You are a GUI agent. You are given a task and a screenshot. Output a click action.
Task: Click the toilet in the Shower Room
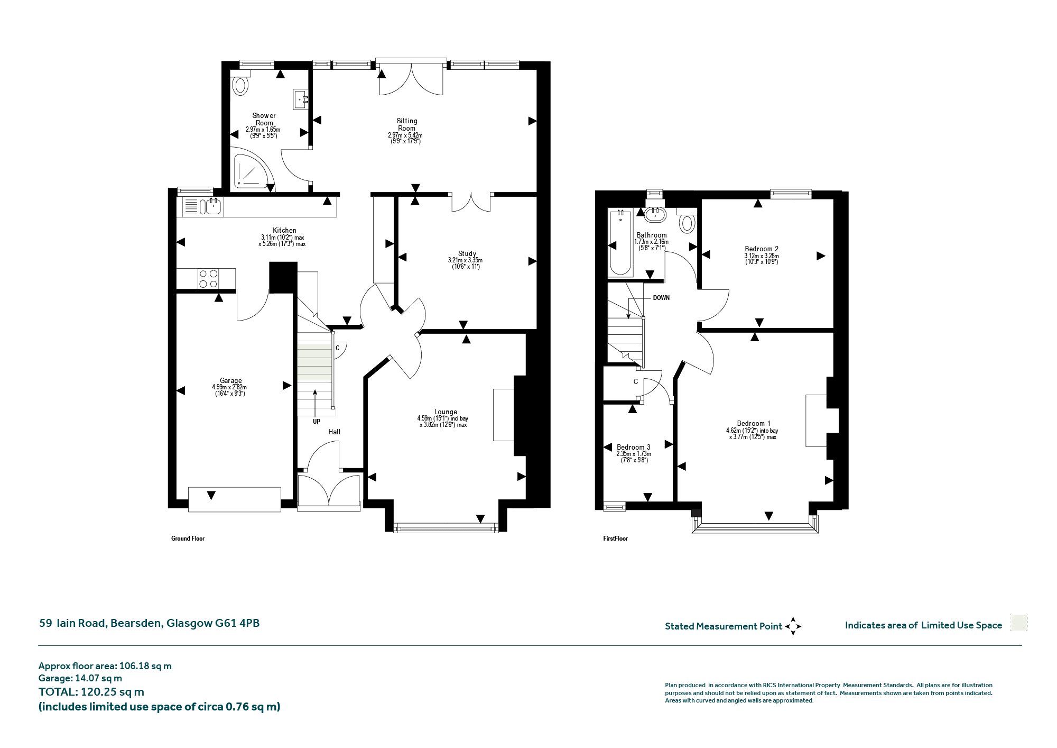pyautogui.click(x=241, y=85)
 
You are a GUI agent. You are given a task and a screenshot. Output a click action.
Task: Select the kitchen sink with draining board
pyautogui.click(x=203, y=206)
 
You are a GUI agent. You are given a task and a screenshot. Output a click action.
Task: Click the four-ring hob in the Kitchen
pyautogui.click(x=208, y=279)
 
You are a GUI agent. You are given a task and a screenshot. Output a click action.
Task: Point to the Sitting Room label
pyautogui.click(x=406, y=125)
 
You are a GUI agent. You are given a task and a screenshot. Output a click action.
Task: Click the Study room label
pyautogui.click(x=467, y=254)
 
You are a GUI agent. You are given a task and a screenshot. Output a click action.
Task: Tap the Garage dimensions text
pyautogui.click(x=230, y=390)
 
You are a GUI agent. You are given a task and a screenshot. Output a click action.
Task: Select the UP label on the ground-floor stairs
pyautogui.click(x=316, y=422)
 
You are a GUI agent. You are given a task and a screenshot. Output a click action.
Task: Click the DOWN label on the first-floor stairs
pyautogui.click(x=661, y=298)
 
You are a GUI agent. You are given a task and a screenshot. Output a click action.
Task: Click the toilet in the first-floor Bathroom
pyautogui.click(x=687, y=222)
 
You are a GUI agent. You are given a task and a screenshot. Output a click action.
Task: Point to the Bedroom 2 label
pyautogui.click(x=761, y=249)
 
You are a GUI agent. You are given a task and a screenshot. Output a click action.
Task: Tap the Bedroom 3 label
pyautogui.click(x=633, y=448)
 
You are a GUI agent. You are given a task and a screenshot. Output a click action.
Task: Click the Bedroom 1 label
pyautogui.click(x=753, y=423)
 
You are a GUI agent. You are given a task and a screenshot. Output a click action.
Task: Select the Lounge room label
pyautogui.click(x=446, y=412)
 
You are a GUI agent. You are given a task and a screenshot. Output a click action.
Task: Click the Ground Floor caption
pyautogui.click(x=188, y=539)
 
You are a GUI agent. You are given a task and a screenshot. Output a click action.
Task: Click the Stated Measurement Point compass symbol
pyautogui.click(x=793, y=626)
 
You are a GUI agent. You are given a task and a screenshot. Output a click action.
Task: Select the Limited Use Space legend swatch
pyautogui.click(x=1018, y=623)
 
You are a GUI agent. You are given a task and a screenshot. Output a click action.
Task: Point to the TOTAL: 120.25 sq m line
pyautogui.click(x=91, y=692)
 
